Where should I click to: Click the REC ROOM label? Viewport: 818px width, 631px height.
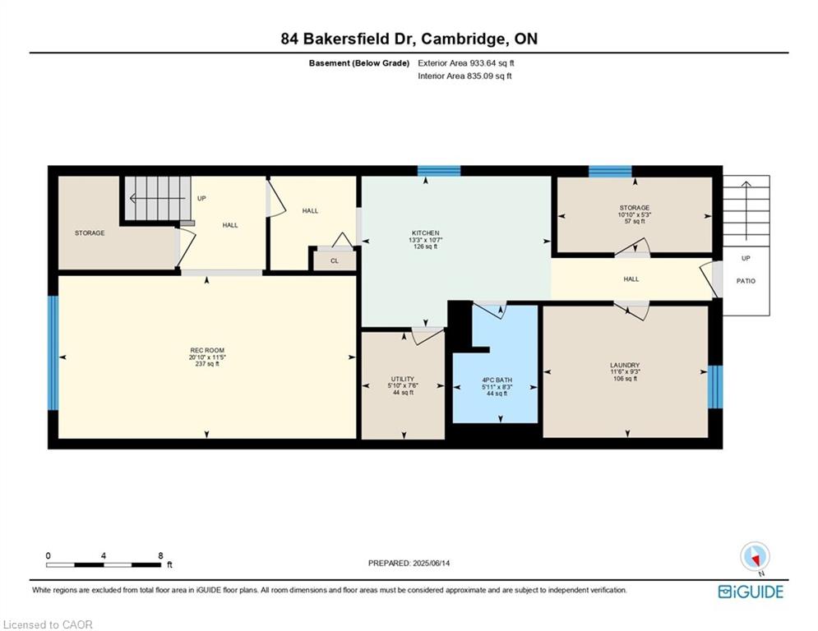pos(207,351)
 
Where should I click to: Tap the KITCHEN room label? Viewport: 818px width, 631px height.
pos(426,233)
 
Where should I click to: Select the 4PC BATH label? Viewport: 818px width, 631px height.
pos(497,380)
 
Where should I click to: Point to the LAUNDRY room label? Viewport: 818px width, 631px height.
pos(625,365)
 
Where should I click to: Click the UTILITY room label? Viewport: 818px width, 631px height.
pos(403,379)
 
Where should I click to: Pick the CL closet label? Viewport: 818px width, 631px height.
pos(335,260)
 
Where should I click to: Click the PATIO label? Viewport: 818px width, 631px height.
pos(746,281)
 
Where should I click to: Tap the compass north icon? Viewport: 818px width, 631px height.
pos(755,558)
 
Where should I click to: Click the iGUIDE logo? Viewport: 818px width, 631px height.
pos(751,592)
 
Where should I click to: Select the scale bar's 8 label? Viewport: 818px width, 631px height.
pos(160,556)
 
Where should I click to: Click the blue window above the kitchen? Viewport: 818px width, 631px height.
pos(439,171)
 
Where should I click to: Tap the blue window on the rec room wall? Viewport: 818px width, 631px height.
pos(53,353)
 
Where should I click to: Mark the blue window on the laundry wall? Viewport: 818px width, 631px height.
pos(715,387)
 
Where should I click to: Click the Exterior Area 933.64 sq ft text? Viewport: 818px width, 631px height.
pos(466,63)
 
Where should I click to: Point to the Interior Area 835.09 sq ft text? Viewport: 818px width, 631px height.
pos(464,76)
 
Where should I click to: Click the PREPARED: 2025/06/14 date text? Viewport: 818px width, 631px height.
pos(409,563)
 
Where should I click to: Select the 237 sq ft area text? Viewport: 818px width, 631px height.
pos(207,364)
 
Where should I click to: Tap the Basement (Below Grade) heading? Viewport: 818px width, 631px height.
pos(359,63)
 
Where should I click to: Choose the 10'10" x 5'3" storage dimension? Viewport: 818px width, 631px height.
pos(635,214)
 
